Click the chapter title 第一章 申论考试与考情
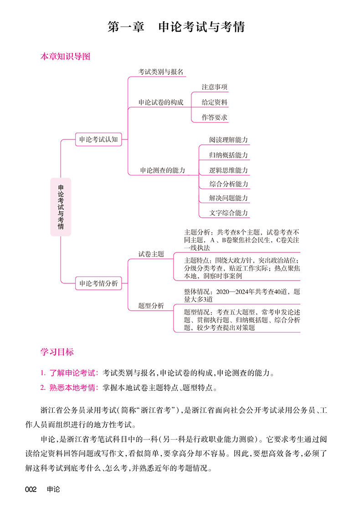(176, 26)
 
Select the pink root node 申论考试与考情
(61, 207)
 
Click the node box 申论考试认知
(98, 140)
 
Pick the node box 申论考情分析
(98, 283)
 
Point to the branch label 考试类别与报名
(161, 72)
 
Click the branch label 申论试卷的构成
(161, 102)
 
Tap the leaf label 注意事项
(214, 87)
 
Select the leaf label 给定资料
(214, 102)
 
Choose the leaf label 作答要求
(214, 118)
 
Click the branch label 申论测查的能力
(162, 170)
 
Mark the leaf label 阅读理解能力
(228, 140)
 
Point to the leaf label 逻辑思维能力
(228, 170)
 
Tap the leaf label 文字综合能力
(228, 213)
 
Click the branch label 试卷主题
(151, 254)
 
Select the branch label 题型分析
(151, 306)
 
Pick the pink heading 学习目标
(57, 352)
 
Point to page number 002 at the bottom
(31, 490)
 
